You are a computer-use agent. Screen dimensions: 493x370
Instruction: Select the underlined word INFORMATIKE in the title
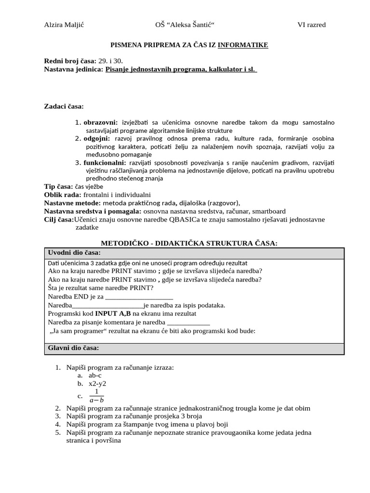pos(243,45)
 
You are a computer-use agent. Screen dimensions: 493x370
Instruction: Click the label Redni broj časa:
pos(70,61)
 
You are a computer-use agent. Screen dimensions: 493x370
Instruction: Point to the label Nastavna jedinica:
pos(74,69)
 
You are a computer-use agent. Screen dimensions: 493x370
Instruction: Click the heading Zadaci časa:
pos(64,106)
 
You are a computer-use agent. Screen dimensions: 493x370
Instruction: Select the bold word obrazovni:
pos(101,122)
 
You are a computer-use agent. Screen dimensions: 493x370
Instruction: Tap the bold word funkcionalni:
pos(104,163)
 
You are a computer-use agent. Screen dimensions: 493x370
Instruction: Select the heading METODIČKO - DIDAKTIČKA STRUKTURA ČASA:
pos(188,243)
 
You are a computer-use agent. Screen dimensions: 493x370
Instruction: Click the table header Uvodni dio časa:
pos(74,253)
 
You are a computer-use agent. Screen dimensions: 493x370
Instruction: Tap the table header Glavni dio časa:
pos(74,348)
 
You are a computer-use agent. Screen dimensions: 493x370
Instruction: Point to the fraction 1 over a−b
pos(96,395)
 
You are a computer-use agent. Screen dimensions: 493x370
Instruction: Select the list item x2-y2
pos(97,384)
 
